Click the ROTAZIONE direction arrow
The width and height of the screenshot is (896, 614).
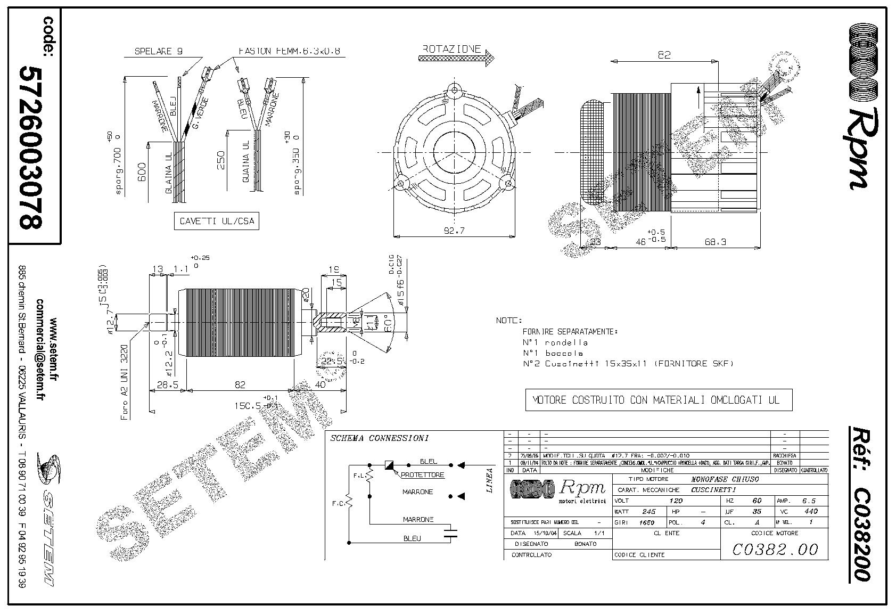pyautogui.click(x=456, y=59)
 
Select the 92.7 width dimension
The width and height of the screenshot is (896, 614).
pyautogui.click(x=454, y=231)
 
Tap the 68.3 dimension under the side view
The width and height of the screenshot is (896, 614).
pyautogui.click(x=715, y=242)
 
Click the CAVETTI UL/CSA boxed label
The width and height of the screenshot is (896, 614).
pyautogui.click(x=216, y=222)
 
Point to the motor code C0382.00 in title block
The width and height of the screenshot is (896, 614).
pyautogui.click(x=775, y=549)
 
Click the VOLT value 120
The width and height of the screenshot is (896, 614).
pyautogui.click(x=675, y=501)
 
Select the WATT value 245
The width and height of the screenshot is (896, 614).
pyautogui.click(x=648, y=512)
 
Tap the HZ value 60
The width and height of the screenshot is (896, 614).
pyautogui.click(x=757, y=501)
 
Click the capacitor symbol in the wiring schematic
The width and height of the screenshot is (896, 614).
pyautogui.click(x=451, y=533)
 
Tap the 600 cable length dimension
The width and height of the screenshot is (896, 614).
pyautogui.click(x=142, y=171)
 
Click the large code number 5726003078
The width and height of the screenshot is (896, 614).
pyautogui.click(x=30, y=146)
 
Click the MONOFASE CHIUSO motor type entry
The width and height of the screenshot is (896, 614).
pyautogui.click(x=724, y=479)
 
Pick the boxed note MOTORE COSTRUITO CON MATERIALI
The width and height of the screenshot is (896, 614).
pyautogui.click(x=659, y=400)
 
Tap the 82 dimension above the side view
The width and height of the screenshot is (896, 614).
pyautogui.click(x=664, y=54)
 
